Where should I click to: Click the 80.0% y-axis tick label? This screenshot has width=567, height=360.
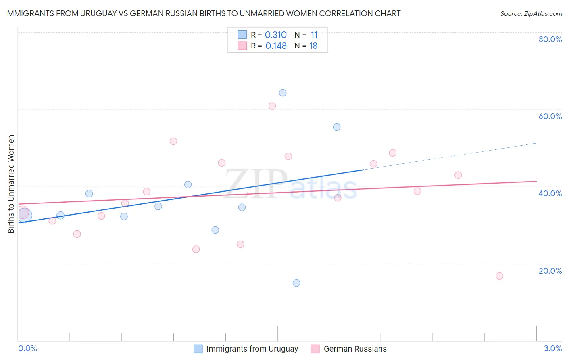tap(550, 39)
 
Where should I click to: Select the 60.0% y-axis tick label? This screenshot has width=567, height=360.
tap(550, 116)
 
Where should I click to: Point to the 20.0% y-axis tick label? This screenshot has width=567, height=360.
tap(550, 270)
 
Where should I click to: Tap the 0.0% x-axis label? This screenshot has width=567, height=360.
tap(27, 348)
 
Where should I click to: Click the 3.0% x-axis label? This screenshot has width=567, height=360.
tap(553, 348)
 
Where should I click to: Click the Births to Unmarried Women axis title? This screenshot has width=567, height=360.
tap(11, 184)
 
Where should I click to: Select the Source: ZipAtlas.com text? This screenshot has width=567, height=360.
tap(531, 14)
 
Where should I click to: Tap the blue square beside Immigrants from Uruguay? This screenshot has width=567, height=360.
tap(198, 349)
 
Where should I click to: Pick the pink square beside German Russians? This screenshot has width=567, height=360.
tap(315, 349)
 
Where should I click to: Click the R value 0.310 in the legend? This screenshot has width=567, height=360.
tap(276, 35)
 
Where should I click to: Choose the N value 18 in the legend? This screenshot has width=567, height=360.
tap(313, 46)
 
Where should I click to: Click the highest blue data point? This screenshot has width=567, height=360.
tap(283, 93)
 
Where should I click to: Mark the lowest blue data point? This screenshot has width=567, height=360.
tap(296, 283)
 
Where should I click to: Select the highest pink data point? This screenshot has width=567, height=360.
tap(272, 106)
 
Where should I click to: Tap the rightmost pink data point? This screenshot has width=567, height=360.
tap(499, 276)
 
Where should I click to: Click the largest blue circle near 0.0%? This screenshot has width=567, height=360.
tap(24, 216)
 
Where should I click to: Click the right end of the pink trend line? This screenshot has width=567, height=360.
tap(536, 181)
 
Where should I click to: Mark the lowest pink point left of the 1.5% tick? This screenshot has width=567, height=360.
tap(196, 249)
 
